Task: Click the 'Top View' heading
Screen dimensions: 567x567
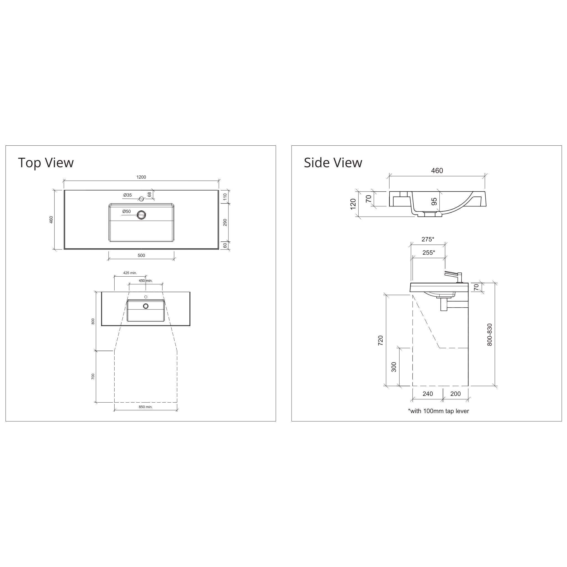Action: (46, 163)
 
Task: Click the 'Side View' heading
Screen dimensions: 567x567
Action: (333, 163)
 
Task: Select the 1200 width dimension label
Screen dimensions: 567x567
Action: (141, 177)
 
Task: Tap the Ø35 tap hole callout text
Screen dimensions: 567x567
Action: (127, 195)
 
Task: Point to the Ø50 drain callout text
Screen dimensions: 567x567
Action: (127, 211)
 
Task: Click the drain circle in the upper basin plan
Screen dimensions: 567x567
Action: (141, 215)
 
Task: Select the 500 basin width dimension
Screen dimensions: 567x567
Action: (141, 255)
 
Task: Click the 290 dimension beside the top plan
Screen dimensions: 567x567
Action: (225, 222)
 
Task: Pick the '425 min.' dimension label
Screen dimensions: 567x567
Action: (130, 273)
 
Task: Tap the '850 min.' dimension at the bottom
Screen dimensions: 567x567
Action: (146, 407)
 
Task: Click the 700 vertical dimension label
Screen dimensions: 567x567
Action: (93, 377)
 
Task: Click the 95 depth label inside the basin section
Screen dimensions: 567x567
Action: (434, 201)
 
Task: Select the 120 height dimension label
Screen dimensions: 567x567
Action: (353, 204)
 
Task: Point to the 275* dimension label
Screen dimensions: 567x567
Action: (427, 239)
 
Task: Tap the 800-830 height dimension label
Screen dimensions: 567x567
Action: (489, 334)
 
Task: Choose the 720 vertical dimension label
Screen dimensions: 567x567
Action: (380, 341)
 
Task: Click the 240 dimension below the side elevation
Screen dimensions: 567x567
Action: (427, 394)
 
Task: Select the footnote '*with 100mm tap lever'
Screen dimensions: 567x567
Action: (438, 411)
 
